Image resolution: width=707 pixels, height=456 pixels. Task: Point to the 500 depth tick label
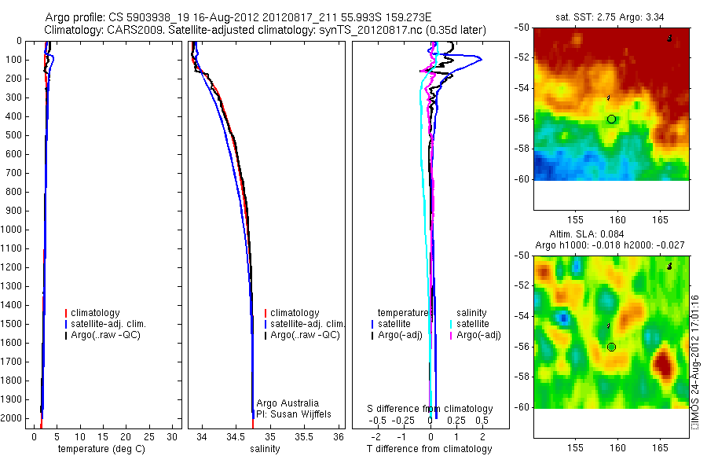(x=13, y=135)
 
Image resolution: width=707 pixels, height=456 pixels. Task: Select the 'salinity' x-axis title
(x=265, y=449)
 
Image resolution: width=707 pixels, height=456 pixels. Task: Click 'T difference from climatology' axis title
(x=429, y=449)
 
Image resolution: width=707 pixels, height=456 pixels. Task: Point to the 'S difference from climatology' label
(x=430, y=409)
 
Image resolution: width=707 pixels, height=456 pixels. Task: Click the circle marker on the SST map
(x=611, y=119)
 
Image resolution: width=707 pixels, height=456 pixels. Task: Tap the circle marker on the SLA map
(x=611, y=347)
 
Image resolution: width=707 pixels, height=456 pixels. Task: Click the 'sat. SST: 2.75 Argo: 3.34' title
(x=612, y=16)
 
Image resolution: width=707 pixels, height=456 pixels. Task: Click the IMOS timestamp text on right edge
(x=695, y=363)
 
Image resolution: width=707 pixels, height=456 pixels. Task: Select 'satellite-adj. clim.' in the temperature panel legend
(x=108, y=324)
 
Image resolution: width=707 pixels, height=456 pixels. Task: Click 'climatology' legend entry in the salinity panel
(x=294, y=313)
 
